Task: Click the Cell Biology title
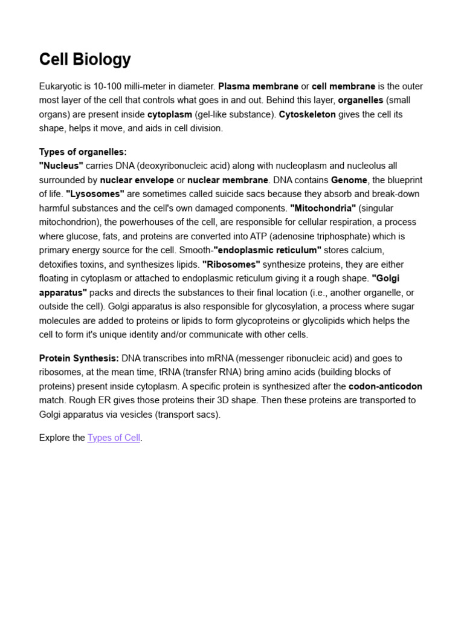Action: coord(85,59)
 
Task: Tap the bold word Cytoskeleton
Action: coord(307,114)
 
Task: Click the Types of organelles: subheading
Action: coord(83,152)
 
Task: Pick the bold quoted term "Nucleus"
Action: coord(61,166)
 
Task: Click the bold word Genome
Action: coord(349,180)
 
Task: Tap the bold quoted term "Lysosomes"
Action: coord(95,194)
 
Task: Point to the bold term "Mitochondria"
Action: coord(323,208)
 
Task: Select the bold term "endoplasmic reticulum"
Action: coord(267,250)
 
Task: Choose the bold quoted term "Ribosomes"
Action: coord(231,264)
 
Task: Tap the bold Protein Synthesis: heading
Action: coord(79,358)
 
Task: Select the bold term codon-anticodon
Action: coord(385,386)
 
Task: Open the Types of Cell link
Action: coord(114,438)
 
